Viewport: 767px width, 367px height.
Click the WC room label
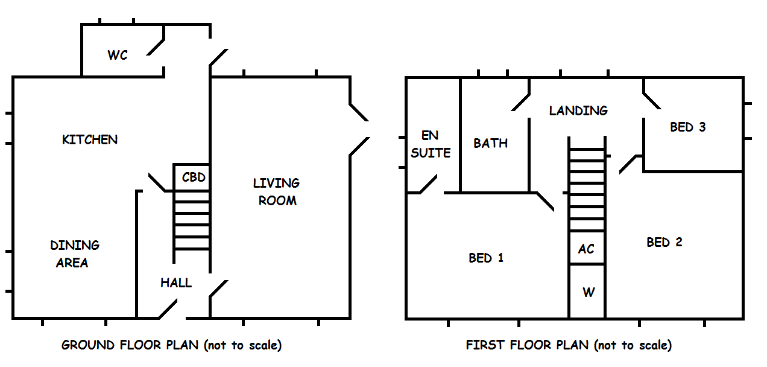(118, 56)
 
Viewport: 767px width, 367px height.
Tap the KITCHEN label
(90, 139)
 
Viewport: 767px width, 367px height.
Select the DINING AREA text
(74, 254)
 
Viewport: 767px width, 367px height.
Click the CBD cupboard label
(194, 177)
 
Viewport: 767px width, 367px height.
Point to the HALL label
(176, 282)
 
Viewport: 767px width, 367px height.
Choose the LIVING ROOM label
(277, 191)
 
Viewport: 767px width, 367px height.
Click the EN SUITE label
(431, 144)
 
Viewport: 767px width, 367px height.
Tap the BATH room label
(490, 144)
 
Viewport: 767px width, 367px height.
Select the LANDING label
(578, 110)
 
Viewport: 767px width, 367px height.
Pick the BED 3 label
(687, 127)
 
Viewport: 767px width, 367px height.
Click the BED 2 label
(664, 242)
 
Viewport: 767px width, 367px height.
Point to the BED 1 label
(486, 258)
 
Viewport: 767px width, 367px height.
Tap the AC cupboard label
(586, 249)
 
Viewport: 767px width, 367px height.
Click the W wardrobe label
(589, 293)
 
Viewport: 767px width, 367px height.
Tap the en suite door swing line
(429, 185)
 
